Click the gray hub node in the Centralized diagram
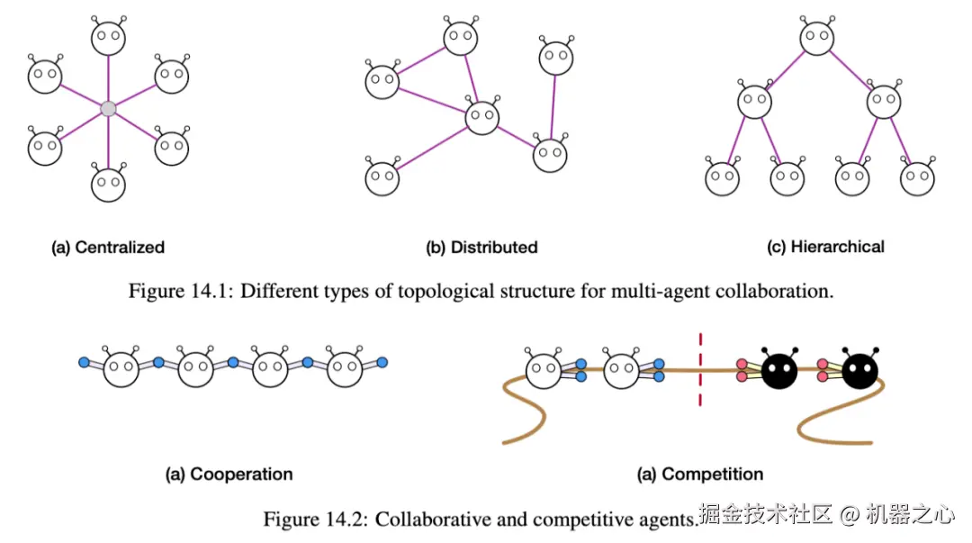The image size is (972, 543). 108,108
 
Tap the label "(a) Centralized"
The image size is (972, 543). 108,247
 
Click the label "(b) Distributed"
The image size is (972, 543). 481,247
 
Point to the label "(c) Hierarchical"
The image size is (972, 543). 825,246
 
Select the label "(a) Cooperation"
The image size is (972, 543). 229,474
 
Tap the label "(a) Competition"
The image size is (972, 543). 700,474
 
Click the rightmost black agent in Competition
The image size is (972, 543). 860,370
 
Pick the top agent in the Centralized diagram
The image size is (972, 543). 108,39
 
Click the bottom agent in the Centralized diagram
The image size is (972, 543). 108,184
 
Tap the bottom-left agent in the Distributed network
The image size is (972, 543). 382,177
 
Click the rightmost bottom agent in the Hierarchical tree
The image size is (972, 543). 917,178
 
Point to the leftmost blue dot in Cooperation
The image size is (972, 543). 84,362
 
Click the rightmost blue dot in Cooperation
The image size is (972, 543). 382,362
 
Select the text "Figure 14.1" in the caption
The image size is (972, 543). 176,292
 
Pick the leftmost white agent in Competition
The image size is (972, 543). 543,371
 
